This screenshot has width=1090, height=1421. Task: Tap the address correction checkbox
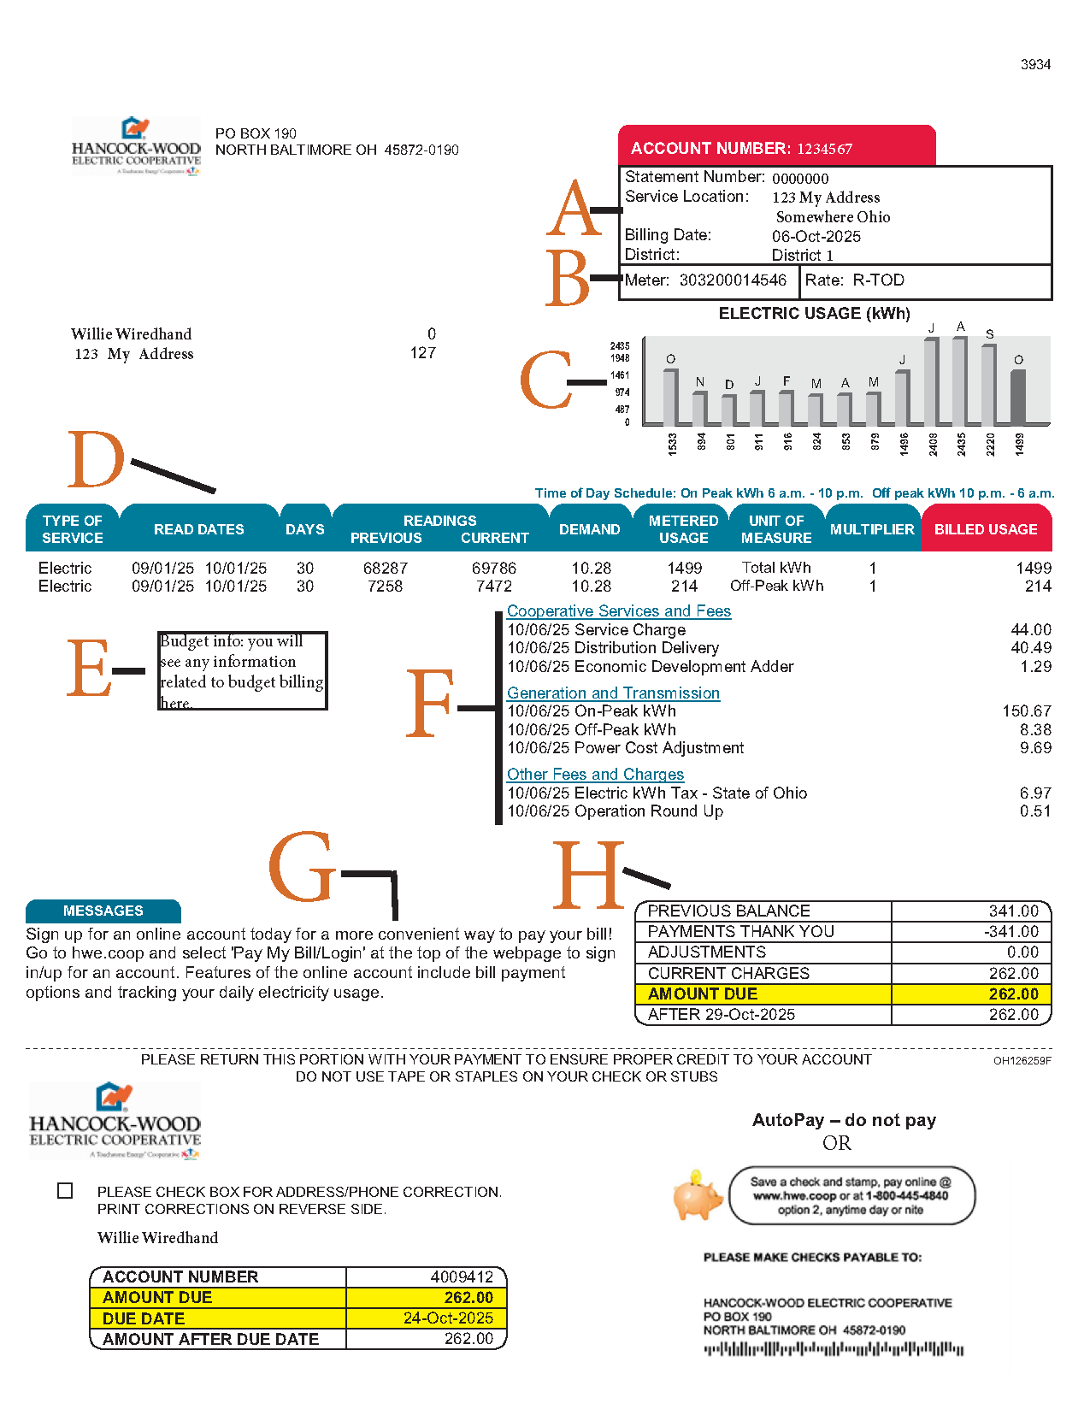click(65, 1190)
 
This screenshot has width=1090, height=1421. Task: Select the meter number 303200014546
click(733, 280)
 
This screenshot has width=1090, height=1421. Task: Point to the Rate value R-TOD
click(878, 280)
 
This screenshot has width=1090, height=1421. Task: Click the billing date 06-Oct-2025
click(816, 237)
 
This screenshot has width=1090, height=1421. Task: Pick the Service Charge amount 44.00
click(1030, 630)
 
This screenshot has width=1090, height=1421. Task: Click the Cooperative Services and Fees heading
click(618, 611)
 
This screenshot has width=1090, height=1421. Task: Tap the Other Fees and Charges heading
click(595, 775)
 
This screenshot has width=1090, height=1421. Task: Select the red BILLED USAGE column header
click(986, 529)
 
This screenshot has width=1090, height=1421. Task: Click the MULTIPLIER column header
click(872, 529)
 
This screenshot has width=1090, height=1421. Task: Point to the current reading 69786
click(493, 569)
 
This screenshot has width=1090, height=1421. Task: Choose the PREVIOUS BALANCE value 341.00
click(1013, 911)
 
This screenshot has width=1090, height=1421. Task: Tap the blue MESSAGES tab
click(103, 911)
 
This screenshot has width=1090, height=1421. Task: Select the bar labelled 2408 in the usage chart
click(931, 381)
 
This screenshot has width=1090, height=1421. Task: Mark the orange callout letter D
click(96, 459)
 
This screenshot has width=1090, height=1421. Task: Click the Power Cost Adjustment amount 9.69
click(1034, 748)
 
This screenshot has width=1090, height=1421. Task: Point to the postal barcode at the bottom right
click(833, 1350)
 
